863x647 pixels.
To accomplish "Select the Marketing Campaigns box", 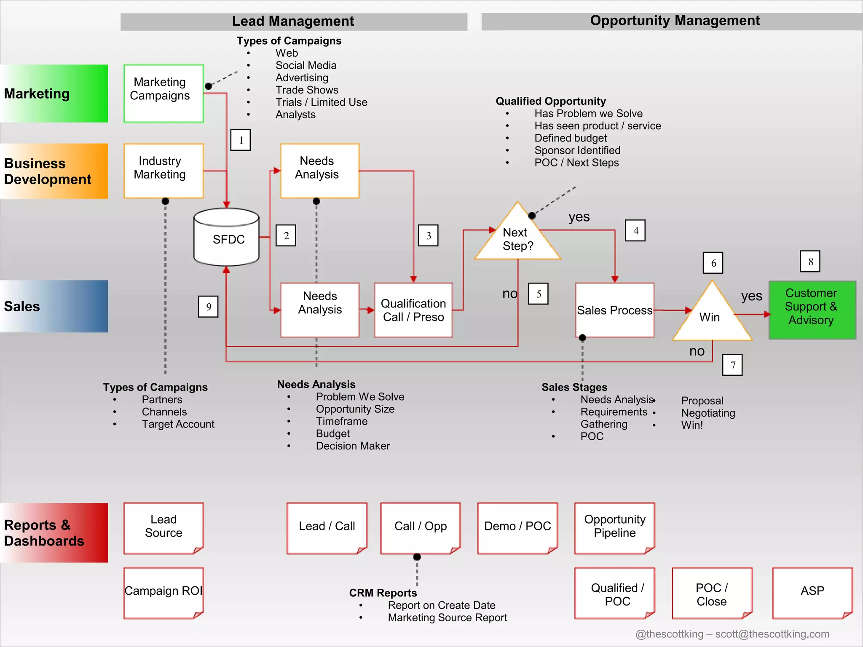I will [163, 93].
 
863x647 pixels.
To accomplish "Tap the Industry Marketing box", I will [163, 170].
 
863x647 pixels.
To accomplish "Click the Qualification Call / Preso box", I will [413, 310].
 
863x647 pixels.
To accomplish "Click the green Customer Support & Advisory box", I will [812, 310].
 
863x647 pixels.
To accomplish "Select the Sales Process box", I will [614, 310].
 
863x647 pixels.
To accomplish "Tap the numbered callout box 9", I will [208, 307].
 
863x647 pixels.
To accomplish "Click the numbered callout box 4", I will [635, 230].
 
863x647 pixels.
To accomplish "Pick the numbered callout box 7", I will [732, 365].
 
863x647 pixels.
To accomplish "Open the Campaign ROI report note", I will [163, 592].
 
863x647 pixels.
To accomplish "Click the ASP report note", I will [812, 592].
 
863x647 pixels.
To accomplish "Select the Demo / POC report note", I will [517, 527].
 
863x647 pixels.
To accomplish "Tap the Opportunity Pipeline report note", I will [614, 527].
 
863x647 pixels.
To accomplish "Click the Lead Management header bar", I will [293, 21].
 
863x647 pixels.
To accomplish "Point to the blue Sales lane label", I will [54, 306].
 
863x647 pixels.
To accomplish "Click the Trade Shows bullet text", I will [307, 90].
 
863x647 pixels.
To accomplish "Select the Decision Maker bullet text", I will [353, 446].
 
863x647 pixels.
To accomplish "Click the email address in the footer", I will [772, 634].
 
